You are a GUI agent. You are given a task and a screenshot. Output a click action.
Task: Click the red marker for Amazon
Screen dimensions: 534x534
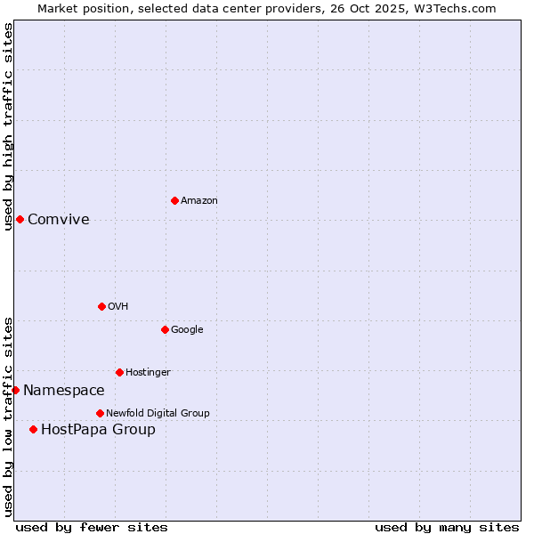(x=174, y=200)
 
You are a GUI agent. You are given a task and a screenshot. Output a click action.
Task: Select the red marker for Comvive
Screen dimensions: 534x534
(x=20, y=219)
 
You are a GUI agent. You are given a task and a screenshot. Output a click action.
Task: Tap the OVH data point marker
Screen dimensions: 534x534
(x=101, y=306)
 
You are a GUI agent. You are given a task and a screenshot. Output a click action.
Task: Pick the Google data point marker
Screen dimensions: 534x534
(x=165, y=329)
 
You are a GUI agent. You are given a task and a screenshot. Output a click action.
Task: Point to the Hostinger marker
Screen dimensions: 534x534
(x=119, y=372)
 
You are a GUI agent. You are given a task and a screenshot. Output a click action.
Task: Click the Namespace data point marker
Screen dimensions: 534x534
(x=15, y=390)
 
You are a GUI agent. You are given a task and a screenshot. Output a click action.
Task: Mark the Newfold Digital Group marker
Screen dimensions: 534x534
(x=100, y=413)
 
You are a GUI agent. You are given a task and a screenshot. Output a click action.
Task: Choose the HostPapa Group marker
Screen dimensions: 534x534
(x=33, y=429)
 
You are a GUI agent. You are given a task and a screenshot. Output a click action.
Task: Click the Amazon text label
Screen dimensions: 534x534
(x=199, y=201)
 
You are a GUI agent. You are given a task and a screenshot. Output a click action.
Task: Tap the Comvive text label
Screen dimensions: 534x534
(x=59, y=220)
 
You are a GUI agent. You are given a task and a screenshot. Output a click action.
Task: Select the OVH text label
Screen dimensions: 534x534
(x=118, y=307)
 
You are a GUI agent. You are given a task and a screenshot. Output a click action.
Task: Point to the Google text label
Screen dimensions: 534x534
(x=187, y=330)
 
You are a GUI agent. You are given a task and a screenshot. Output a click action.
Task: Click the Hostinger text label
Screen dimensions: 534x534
(x=148, y=373)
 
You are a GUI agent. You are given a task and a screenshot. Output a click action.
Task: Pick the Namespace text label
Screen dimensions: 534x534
(x=64, y=391)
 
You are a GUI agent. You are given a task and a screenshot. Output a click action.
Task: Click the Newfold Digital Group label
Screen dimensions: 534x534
(x=158, y=414)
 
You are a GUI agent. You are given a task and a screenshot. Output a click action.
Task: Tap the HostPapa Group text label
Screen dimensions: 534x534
(x=98, y=430)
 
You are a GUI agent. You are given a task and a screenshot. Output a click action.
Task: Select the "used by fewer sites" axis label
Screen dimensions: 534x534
(x=92, y=527)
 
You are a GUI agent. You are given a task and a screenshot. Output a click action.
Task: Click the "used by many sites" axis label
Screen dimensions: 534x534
(x=447, y=527)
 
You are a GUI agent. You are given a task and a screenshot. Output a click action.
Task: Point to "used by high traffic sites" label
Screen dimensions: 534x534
(x=8, y=126)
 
